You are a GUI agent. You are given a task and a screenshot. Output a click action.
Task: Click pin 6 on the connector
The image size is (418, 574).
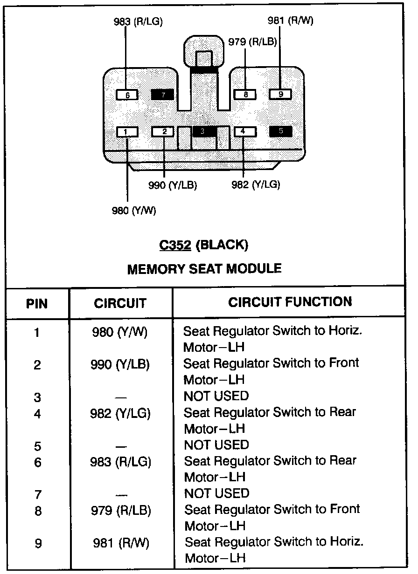click(x=127, y=95)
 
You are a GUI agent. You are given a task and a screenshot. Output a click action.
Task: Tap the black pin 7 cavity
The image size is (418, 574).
click(x=162, y=95)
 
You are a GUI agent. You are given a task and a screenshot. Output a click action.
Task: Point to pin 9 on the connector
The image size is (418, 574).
click(x=280, y=95)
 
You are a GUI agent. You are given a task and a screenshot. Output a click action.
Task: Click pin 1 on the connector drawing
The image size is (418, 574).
click(x=127, y=132)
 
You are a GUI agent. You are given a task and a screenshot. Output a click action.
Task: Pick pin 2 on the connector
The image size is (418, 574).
click(x=164, y=132)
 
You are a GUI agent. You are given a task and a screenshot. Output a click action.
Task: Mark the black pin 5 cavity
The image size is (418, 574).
click(x=281, y=131)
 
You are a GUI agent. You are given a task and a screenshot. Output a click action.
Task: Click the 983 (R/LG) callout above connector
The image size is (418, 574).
click(x=138, y=22)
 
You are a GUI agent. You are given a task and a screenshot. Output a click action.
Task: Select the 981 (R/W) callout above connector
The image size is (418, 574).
click(x=290, y=21)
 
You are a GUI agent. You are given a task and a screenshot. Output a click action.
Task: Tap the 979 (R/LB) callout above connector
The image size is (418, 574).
click(x=252, y=42)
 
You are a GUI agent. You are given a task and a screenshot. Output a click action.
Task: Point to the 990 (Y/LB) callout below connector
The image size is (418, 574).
click(x=173, y=185)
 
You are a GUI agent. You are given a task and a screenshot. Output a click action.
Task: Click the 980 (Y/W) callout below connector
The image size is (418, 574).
click(x=134, y=211)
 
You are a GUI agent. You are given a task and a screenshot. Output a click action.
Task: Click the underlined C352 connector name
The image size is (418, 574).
click(x=175, y=245)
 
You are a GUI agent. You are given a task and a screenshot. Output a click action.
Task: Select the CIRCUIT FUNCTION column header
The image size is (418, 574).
click(x=290, y=302)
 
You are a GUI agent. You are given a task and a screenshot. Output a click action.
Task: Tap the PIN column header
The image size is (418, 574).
click(x=37, y=304)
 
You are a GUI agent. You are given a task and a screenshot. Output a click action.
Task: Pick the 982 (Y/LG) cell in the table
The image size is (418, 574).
click(x=120, y=413)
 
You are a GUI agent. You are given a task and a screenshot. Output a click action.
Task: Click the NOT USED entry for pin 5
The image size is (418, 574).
click(x=216, y=444)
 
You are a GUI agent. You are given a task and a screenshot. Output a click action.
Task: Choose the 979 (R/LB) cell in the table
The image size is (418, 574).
click(x=121, y=510)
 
